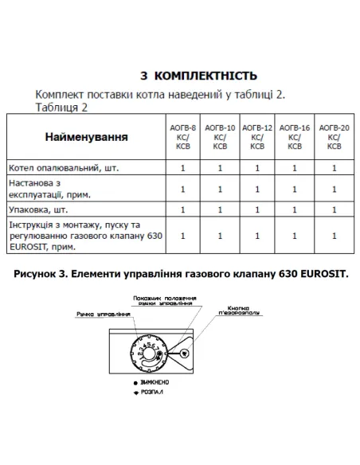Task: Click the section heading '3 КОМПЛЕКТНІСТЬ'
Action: pos(198,76)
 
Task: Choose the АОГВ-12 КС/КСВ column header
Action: pos(256,137)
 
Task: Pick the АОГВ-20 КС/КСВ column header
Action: pos(334,137)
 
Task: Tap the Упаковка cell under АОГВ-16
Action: pos(294,209)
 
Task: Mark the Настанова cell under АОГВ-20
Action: pos(334,189)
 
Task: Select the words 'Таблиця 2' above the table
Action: pos(62,106)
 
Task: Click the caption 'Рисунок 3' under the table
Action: pos(180,274)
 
